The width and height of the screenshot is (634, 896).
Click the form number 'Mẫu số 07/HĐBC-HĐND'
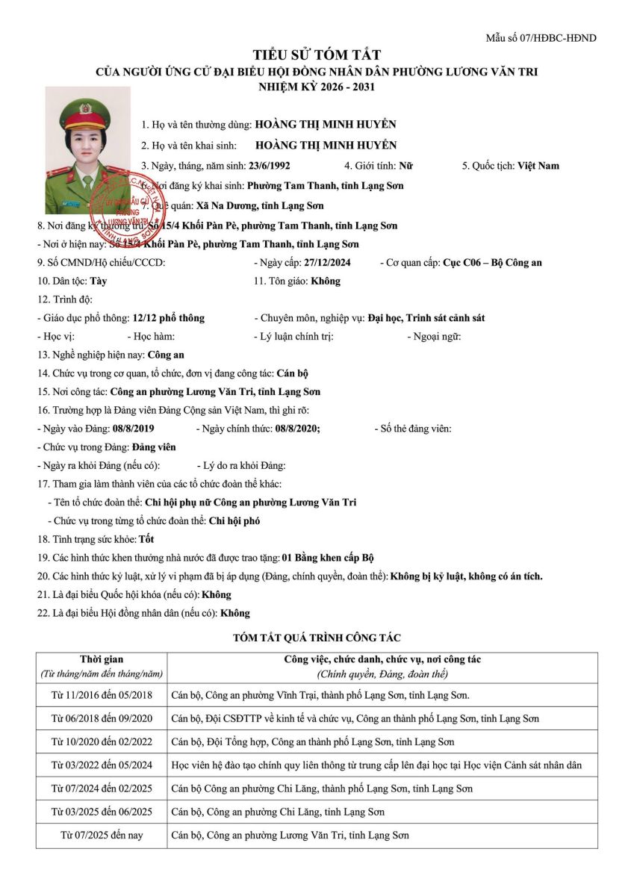click(x=541, y=38)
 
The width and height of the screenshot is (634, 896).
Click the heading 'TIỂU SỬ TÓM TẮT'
click(x=317, y=55)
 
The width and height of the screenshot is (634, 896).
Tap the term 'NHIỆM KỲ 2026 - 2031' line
click(x=317, y=87)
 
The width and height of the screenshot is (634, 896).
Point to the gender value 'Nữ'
click(x=406, y=166)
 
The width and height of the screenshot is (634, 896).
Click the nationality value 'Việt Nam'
click(x=538, y=166)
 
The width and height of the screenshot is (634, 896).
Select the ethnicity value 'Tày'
click(x=99, y=281)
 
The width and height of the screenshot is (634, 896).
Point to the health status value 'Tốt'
click(x=147, y=539)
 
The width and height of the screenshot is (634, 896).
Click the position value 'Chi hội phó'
click(x=234, y=521)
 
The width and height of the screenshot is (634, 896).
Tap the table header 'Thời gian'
click(x=102, y=659)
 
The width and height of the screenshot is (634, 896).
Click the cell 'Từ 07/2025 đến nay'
click(x=102, y=836)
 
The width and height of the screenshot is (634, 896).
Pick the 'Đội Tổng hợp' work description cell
click(x=312, y=742)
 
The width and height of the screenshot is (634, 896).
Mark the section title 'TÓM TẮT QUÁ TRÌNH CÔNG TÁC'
click(x=317, y=638)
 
